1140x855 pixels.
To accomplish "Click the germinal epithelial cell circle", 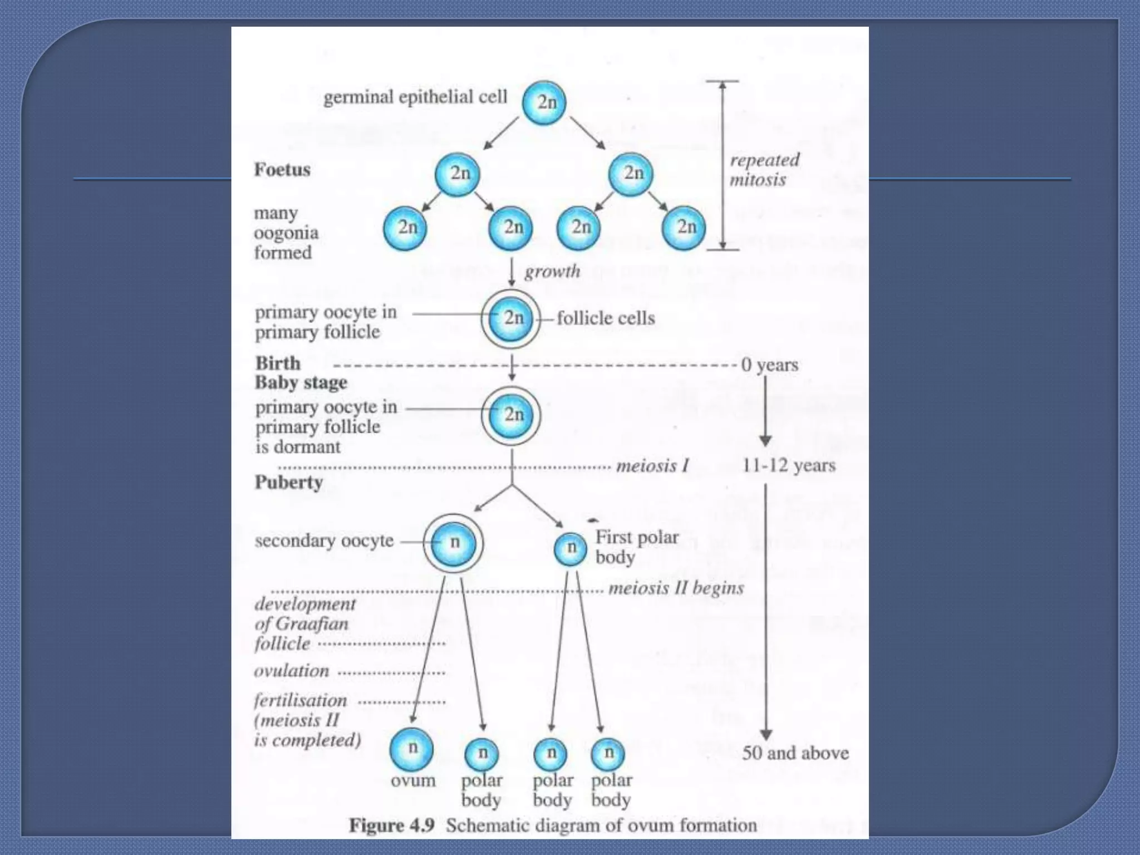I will pos(544,102).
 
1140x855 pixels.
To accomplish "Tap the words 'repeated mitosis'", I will pos(763,170).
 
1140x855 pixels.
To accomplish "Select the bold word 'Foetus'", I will pos(282,169).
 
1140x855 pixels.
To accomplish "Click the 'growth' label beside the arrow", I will pos(552,272).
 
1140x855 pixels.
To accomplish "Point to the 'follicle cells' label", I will pos(606,318).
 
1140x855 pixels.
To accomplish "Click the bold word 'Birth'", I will pos(278,363).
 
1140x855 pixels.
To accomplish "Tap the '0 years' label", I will pos(770,365).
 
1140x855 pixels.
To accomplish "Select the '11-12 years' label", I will pos(788,465).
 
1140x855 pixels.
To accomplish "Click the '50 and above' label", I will pos(795,753).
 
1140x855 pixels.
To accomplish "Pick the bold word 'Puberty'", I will pos(288,482).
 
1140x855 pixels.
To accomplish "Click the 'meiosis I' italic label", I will pos(652,465).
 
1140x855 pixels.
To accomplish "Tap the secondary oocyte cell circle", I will pos(454,543).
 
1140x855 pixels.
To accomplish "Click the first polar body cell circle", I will pos(570,548).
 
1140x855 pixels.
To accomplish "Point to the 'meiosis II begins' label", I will pos(676,588).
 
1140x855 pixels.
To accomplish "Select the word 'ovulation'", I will pos(291,671).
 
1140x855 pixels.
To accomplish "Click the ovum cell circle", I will pos(411,748).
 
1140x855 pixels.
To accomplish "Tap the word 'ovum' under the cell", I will pos(413,780).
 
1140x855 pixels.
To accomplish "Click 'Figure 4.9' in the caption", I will pos(391,825).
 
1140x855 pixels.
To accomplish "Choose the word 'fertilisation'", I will pos(301,700).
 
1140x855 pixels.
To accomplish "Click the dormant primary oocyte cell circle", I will pos(511,415).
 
